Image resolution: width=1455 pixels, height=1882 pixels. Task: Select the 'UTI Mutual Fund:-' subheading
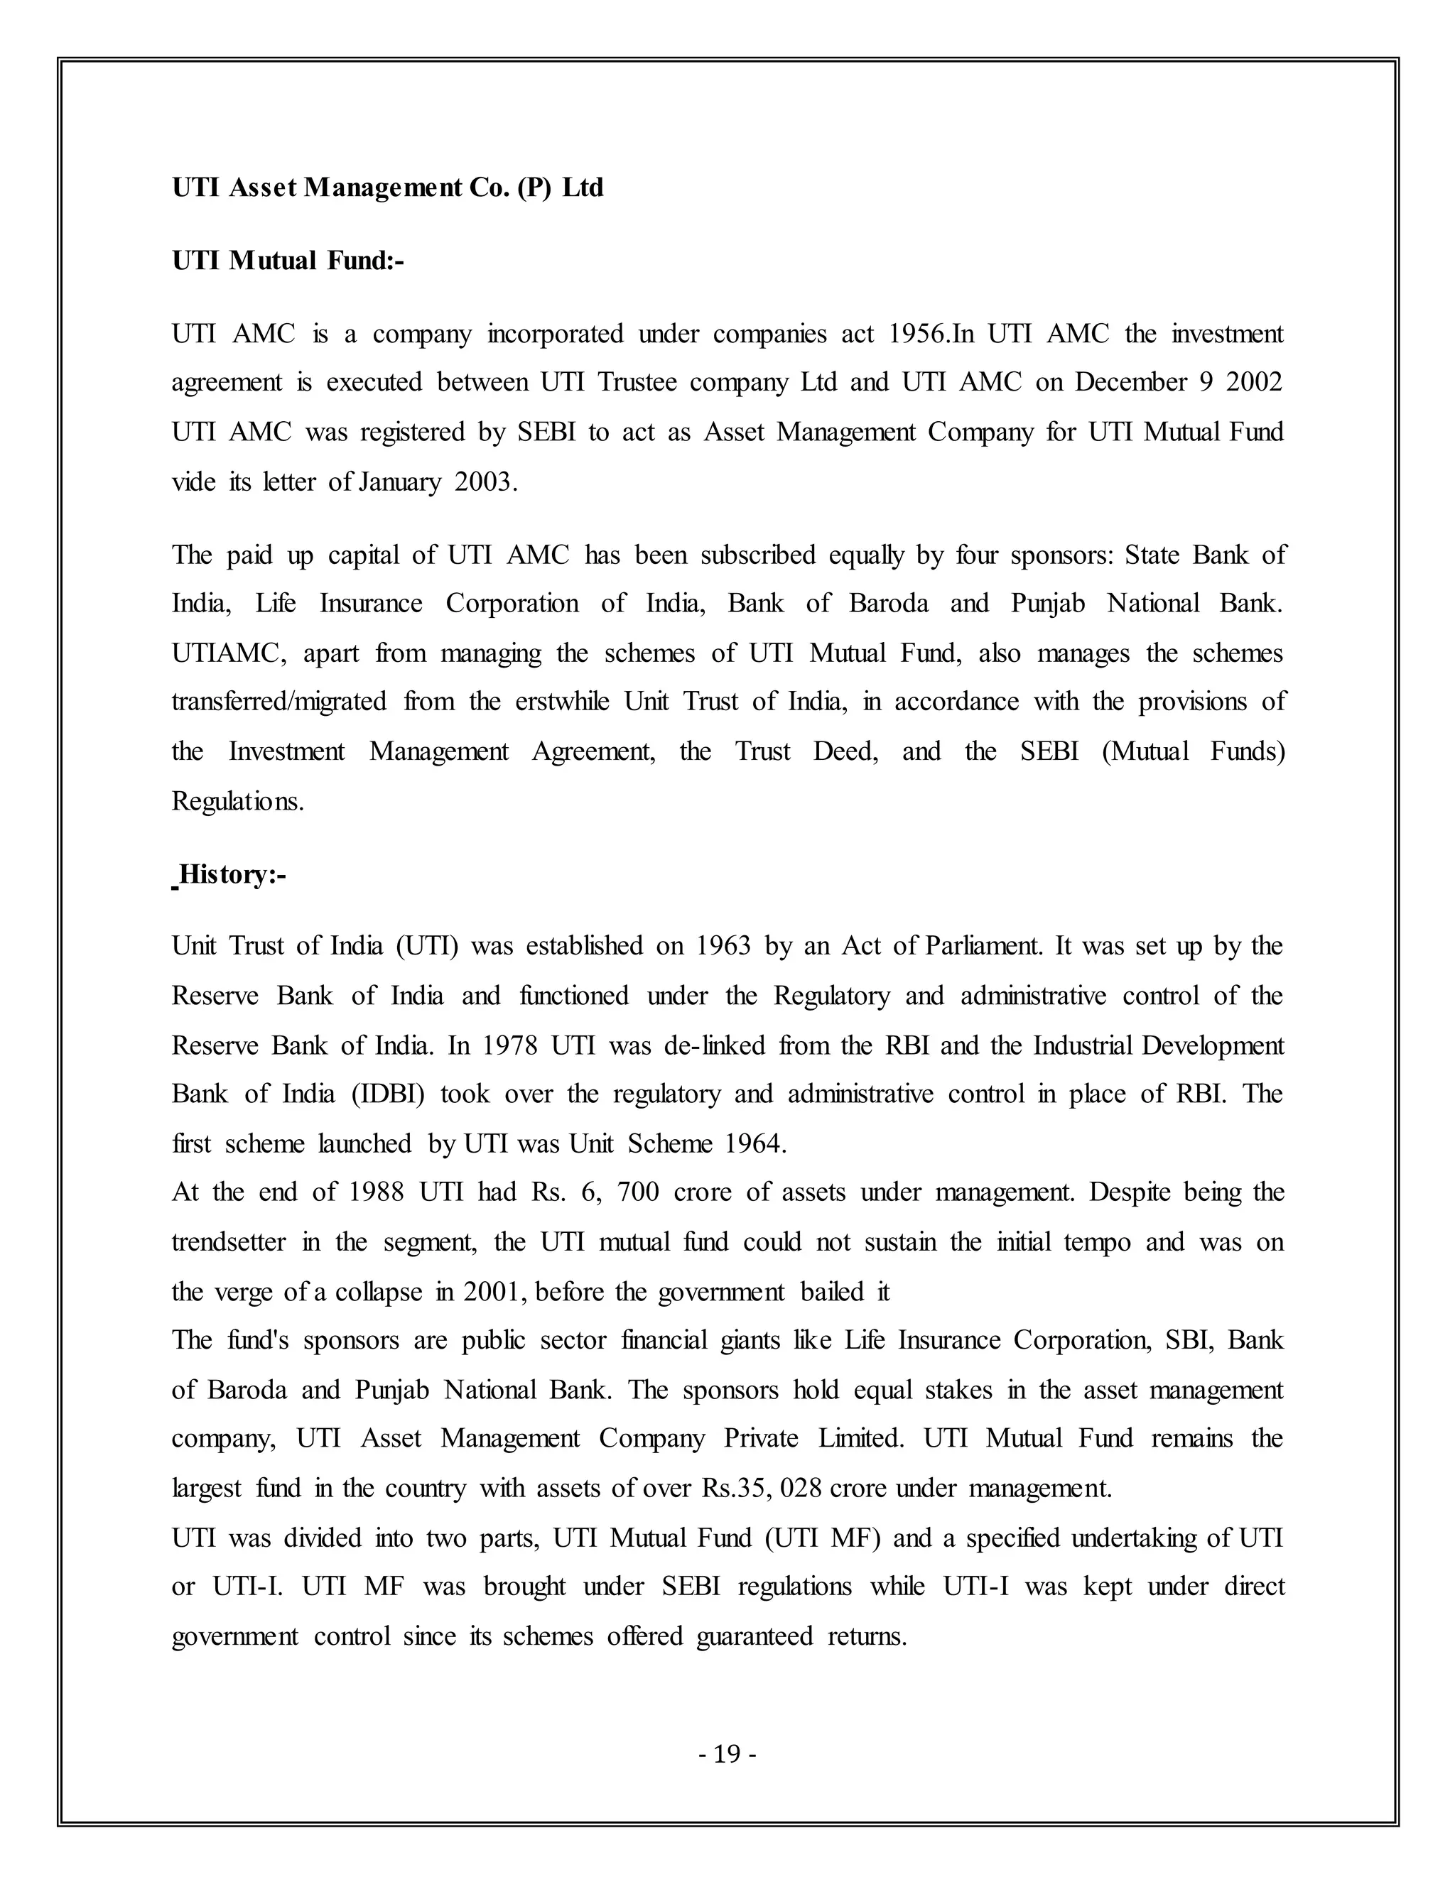pos(288,259)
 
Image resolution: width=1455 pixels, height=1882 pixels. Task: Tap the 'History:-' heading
pos(232,875)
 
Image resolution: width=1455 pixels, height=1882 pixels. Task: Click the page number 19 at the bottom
pos(727,1753)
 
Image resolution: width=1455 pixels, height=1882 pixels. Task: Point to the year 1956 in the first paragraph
pos(916,334)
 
